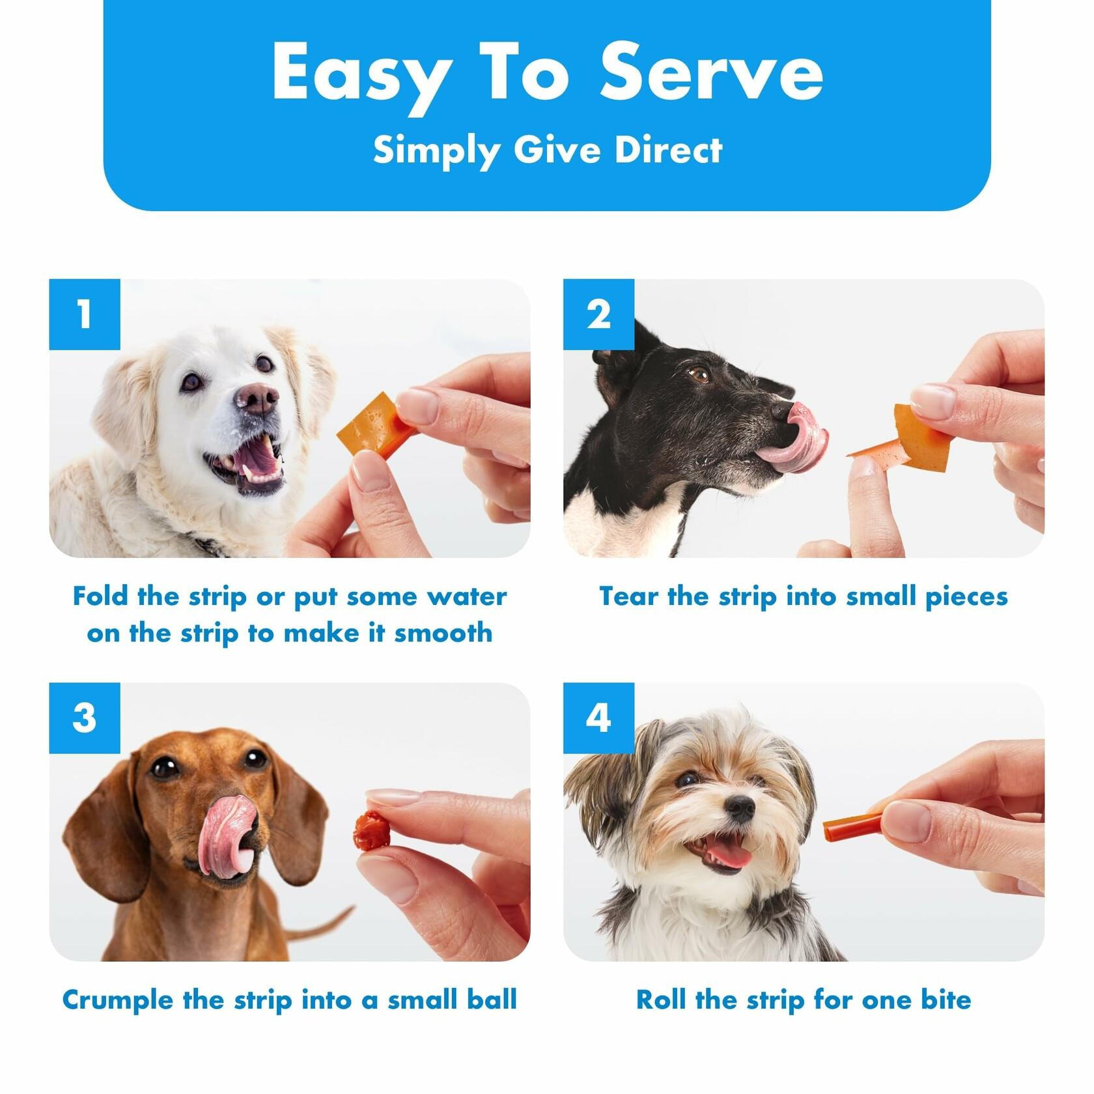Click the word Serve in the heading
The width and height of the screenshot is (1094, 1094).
pyautogui.click(x=712, y=72)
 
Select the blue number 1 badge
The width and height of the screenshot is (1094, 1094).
pyautogui.click(x=85, y=315)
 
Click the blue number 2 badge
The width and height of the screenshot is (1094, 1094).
pyautogui.click(x=598, y=315)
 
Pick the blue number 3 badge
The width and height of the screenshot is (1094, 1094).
pyautogui.click(x=85, y=718)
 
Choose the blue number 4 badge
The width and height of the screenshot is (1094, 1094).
pyautogui.click(x=598, y=718)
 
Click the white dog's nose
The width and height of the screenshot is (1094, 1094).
pyautogui.click(x=259, y=398)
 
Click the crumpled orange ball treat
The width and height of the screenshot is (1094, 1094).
pyautogui.click(x=371, y=830)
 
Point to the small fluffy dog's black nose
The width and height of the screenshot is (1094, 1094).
pyautogui.click(x=740, y=808)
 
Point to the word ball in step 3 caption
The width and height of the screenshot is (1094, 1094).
pyautogui.click(x=492, y=1000)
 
